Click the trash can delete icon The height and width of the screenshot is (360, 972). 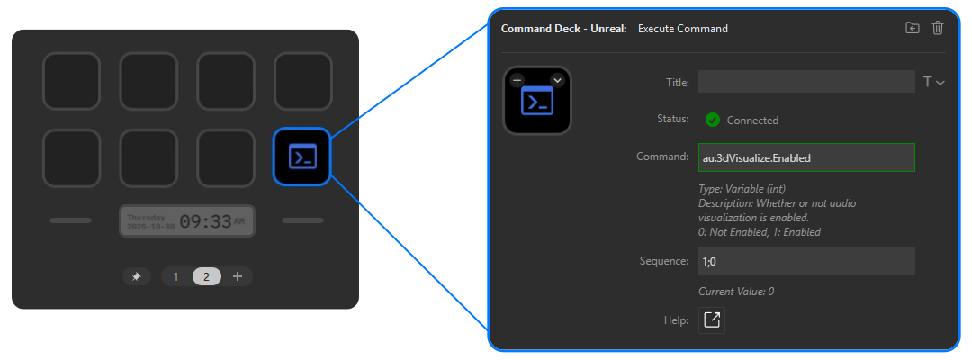[938, 28]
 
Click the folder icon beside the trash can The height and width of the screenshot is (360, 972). [913, 28]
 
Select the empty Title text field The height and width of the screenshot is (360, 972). [806, 82]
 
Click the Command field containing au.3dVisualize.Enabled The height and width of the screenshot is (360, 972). [806, 157]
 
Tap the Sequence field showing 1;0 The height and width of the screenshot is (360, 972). [806, 261]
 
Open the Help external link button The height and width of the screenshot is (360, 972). [712, 320]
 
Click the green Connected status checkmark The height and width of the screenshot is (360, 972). [713, 120]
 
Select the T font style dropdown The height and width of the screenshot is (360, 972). [933, 82]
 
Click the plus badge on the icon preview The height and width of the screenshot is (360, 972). [517, 80]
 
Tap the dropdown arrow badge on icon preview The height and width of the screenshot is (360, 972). [557, 80]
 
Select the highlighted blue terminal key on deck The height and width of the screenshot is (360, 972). [302, 157]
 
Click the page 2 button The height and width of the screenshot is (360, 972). [206, 276]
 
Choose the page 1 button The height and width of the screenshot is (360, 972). [176, 276]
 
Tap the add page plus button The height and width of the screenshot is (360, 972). [238, 276]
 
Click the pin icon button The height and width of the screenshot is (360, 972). [136, 276]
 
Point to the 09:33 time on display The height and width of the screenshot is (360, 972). [205, 221]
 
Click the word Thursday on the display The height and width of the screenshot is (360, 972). [146, 217]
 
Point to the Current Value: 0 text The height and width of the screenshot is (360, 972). [736, 292]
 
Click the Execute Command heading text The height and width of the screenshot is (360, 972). [682, 29]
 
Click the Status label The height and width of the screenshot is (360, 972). [673, 119]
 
